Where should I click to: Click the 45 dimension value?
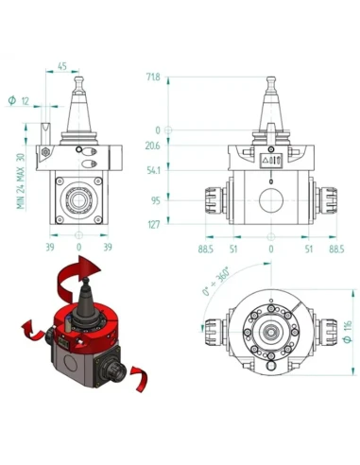(x=62, y=66)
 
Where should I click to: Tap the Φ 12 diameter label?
(x=19, y=101)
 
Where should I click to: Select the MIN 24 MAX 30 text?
(x=21, y=181)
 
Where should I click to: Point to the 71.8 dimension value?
(x=153, y=77)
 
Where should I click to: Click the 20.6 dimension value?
(x=152, y=146)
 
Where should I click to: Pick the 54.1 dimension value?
(x=153, y=170)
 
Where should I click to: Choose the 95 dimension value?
(x=156, y=200)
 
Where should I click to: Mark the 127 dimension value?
(x=154, y=225)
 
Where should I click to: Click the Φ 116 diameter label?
(x=348, y=332)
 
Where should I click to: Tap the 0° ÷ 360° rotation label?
(x=215, y=282)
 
